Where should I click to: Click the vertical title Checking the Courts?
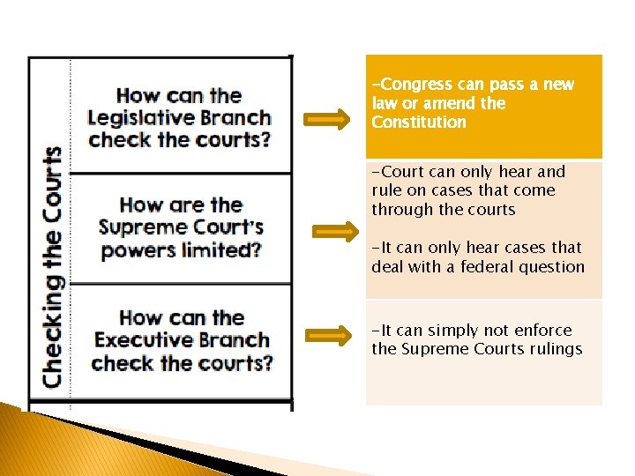click(x=52, y=266)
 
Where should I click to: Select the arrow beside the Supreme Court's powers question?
click(x=337, y=232)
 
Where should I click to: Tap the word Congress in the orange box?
click(x=415, y=85)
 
